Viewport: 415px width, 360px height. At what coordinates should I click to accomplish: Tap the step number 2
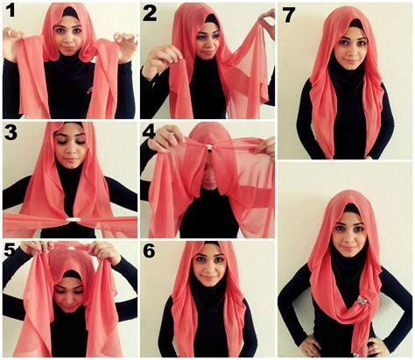(x=150, y=13)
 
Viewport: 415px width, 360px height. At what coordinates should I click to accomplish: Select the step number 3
(x=11, y=133)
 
